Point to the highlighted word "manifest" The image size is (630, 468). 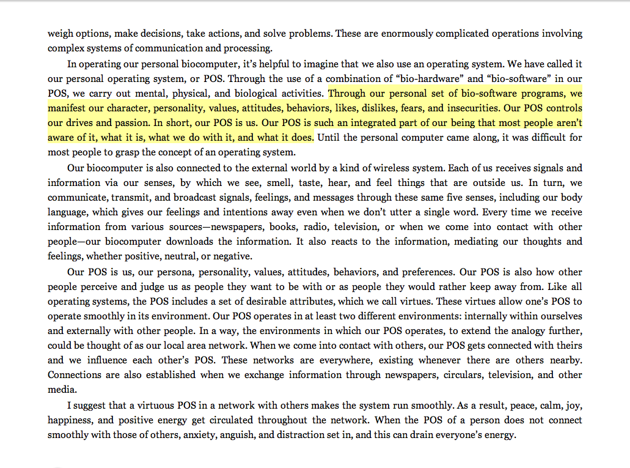68,108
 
